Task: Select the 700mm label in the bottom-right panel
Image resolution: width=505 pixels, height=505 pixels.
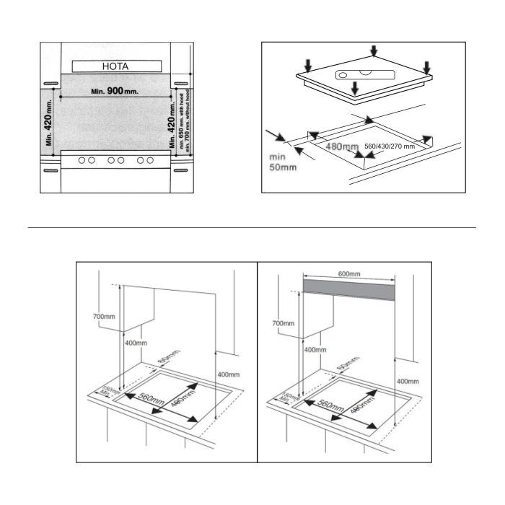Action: click(284, 324)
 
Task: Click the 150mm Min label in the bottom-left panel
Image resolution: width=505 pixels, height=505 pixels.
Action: click(108, 389)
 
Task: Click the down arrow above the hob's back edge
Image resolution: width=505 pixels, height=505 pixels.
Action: click(373, 50)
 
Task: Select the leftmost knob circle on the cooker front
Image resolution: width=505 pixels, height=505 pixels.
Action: click(84, 160)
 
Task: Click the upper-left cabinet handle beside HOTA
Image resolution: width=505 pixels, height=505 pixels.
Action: click(50, 84)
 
